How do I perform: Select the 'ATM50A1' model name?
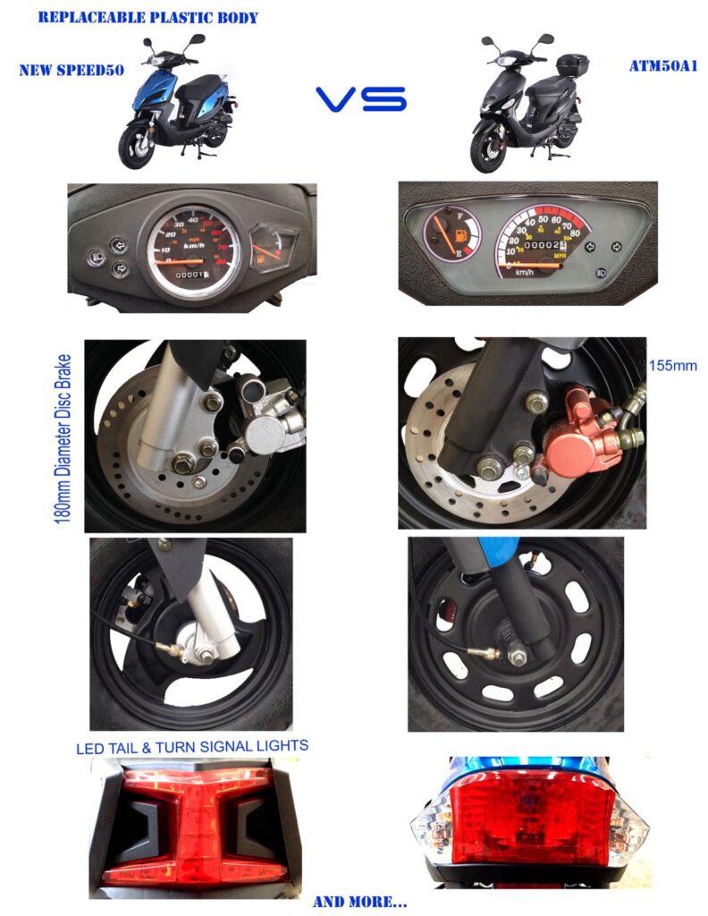click(x=662, y=66)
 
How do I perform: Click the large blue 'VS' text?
click(x=361, y=99)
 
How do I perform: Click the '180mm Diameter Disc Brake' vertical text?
click(x=64, y=435)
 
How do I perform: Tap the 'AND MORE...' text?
click(x=359, y=902)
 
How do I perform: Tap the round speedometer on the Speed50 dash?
click(x=191, y=247)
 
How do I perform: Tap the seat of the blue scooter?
click(x=206, y=86)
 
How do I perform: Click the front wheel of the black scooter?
click(x=488, y=155)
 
